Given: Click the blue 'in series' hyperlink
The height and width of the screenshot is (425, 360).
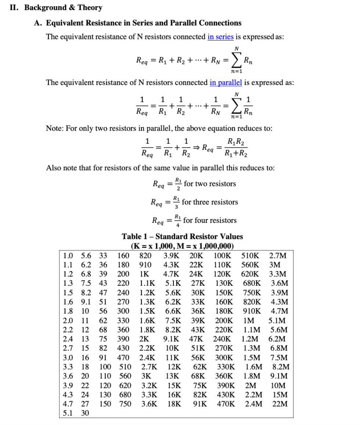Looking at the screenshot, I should coord(220,37).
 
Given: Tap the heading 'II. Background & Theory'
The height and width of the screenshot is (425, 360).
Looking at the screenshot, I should coord(56,7).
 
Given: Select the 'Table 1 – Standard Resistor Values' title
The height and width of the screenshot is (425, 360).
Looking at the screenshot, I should coord(182,236).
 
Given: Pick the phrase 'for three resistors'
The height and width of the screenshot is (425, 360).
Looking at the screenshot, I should coord(210,202).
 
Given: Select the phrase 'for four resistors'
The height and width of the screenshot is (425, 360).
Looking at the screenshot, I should coord(210,220).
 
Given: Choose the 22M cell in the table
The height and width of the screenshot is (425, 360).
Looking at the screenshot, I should coord(280,404).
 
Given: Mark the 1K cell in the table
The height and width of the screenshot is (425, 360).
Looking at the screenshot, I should coord(144,274).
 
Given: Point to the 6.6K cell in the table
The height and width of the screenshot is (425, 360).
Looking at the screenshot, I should coord(172,311).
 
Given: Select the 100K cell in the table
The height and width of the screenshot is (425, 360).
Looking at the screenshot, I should coord(223,256).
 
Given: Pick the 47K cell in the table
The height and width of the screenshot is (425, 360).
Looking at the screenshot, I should coord(196,339).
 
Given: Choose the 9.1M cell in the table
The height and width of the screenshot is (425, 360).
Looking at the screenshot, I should coord(279,376).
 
